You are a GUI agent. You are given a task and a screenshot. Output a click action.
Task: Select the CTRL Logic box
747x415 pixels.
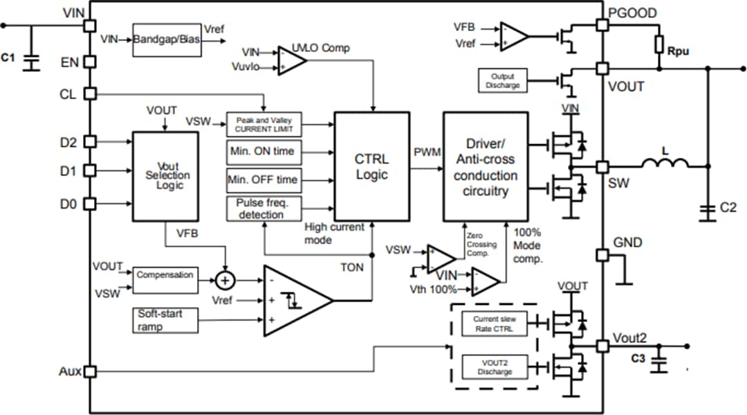point(371,166)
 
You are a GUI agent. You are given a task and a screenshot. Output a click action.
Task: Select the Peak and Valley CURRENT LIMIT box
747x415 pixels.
point(264,124)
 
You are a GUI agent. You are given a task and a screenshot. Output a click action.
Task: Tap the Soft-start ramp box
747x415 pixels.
point(165,319)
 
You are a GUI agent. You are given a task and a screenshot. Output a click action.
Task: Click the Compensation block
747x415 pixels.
point(165,276)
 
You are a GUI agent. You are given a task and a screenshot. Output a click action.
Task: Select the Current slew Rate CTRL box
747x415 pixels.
point(495,324)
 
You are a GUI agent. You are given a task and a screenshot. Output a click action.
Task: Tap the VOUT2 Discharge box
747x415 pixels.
point(495,367)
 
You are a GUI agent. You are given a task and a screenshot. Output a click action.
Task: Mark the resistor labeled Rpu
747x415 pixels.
point(661,45)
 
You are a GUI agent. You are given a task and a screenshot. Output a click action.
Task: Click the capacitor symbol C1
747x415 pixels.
point(30,61)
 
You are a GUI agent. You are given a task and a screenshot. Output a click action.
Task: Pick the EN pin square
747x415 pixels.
point(89,62)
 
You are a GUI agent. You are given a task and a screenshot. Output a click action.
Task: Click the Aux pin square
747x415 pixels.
point(89,372)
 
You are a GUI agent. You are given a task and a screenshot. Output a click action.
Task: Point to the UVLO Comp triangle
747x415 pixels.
point(291,60)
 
